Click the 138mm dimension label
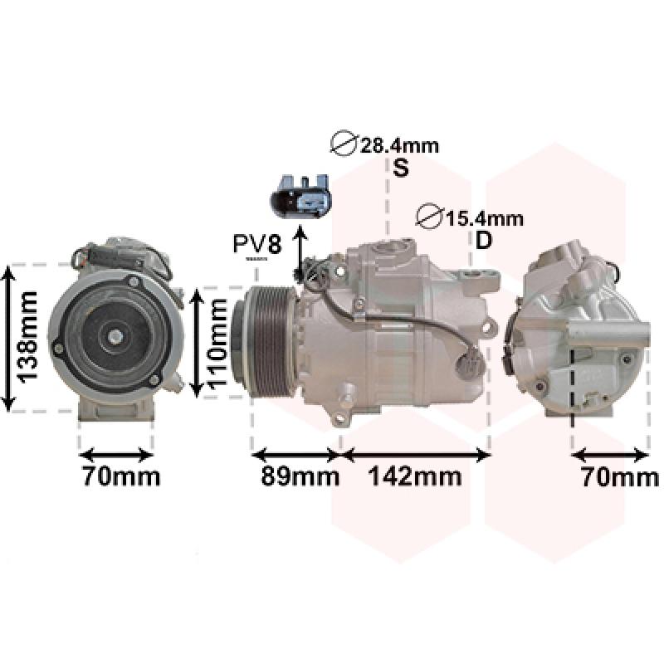[x=27, y=337]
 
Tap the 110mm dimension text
[x=218, y=343]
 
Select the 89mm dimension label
[x=300, y=476]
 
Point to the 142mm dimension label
[x=415, y=476]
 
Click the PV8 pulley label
[x=257, y=244]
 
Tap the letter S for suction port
[x=401, y=168]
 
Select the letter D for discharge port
[x=484, y=240]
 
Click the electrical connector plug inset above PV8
[x=300, y=196]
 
